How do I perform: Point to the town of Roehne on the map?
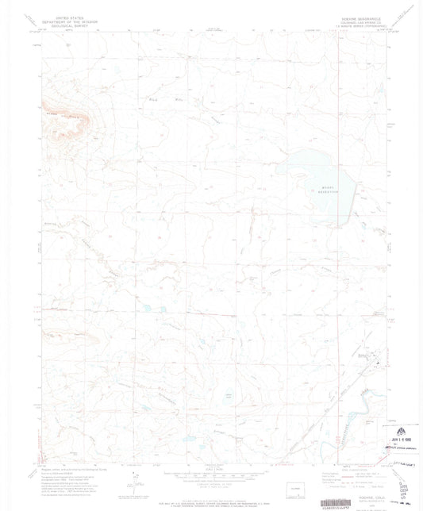(374, 362)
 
